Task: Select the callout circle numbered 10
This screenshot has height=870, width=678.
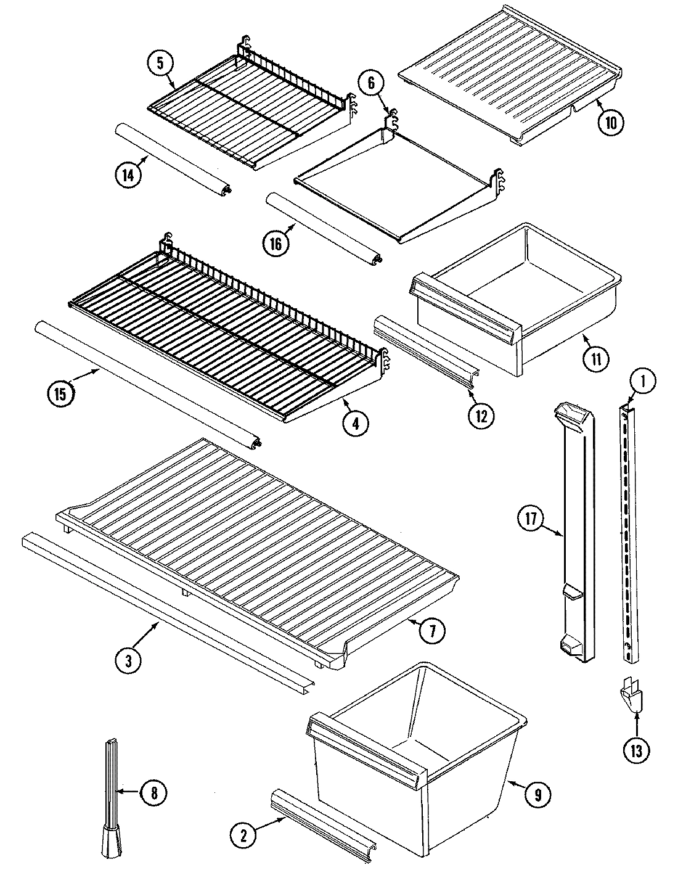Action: [x=610, y=121]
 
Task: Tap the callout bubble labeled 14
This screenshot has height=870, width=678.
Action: [x=128, y=175]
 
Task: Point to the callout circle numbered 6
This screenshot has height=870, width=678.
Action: [x=370, y=84]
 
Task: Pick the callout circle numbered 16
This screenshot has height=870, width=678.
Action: [x=275, y=244]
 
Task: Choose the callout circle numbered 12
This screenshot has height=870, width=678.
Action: [x=481, y=416]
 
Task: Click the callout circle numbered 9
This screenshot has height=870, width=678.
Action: [x=537, y=795]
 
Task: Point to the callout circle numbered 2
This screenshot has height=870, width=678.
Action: [x=243, y=835]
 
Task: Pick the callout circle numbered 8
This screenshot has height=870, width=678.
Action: [x=153, y=794]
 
